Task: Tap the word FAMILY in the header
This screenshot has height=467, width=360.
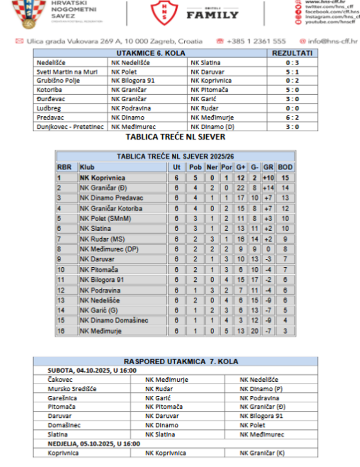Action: pyautogui.click(x=212, y=15)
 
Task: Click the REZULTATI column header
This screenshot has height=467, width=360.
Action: pyautogui.click(x=292, y=53)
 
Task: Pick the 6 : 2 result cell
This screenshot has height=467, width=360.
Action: pyautogui.click(x=292, y=118)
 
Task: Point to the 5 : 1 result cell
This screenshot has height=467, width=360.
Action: pyautogui.click(x=292, y=72)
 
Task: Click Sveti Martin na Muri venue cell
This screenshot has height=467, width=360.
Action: pyautogui.click(x=61, y=72)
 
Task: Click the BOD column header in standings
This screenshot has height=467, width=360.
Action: pyautogui.click(x=285, y=167)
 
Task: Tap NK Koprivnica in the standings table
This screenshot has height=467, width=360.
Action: pyautogui.click(x=102, y=178)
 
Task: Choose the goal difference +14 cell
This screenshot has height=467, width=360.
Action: pyautogui.click(x=269, y=188)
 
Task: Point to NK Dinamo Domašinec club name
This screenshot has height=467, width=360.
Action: pyautogui.click(x=114, y=321)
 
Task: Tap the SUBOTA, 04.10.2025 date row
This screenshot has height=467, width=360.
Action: pyautogui.click(x=92, y=370)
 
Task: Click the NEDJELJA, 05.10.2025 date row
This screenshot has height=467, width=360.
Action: pyautogui.click(x=94, y=444)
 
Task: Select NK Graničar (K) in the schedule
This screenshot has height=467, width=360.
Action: pyautogui.click(x=262, y=453)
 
